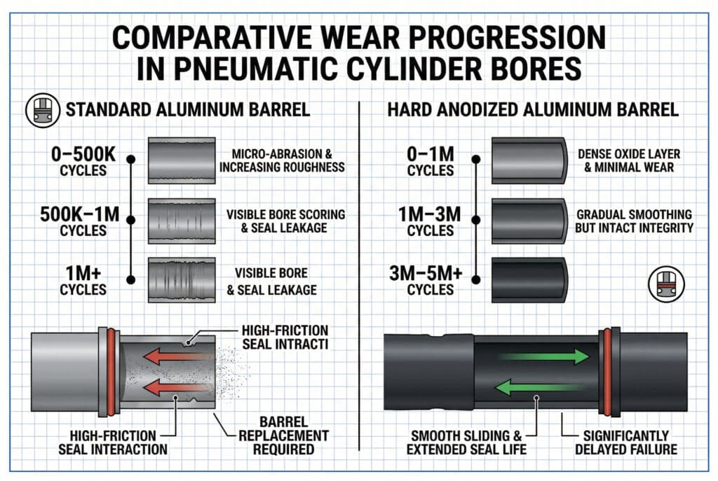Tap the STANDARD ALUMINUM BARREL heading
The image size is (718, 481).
188,110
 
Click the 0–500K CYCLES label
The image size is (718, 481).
83,160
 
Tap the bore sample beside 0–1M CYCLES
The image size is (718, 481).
529,160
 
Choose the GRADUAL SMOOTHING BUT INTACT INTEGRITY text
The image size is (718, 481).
633,220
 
